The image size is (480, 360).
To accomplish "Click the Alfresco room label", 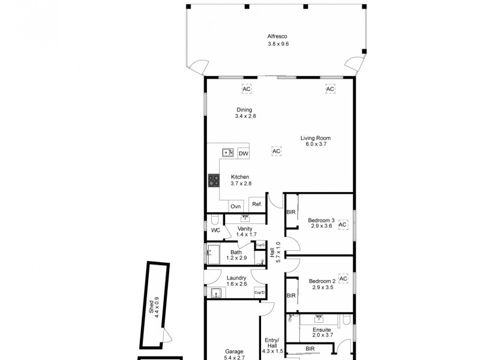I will (278, 40).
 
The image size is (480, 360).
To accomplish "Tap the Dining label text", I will (245, 113).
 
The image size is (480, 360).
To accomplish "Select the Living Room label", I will (316, 142).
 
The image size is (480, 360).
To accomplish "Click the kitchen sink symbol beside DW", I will (228, 153).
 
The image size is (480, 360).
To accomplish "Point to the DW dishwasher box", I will (243, 154).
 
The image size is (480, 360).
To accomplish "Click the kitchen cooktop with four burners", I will (214, 181).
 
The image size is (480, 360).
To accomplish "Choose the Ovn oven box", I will (236, 206).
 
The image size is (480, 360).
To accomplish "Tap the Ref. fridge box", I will (257, 205).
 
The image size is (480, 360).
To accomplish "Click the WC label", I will (215, 230).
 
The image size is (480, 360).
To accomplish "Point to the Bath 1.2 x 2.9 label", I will (236, 255).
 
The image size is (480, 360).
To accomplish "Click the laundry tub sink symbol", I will (217, 292).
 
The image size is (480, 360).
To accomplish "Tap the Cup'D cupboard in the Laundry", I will (260, 292).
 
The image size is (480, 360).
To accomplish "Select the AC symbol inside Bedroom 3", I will (343, 225).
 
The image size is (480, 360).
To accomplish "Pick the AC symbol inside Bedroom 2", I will (343, 278).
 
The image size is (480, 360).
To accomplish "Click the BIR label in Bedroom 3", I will (291, 213).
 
